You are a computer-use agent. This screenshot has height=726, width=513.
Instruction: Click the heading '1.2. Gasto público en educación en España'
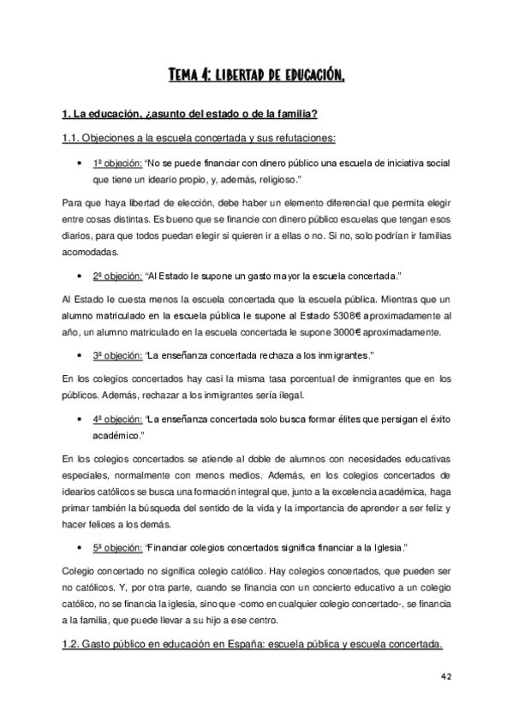(254, 645)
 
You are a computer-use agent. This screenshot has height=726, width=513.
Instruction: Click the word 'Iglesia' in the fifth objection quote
(383, 546)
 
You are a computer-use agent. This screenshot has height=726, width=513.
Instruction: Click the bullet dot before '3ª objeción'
(79, 355)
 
